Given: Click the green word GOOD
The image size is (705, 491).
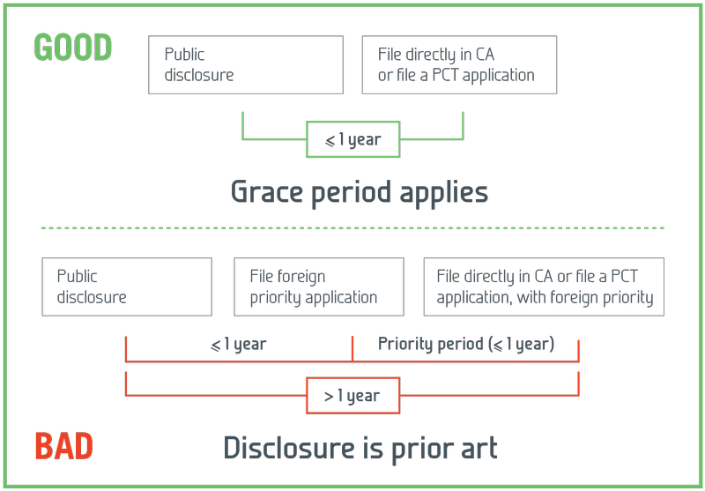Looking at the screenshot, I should [x=73, y=48].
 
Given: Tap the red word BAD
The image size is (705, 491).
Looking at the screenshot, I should [x=64, y=447].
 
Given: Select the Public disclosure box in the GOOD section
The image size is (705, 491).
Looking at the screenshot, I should [x=246, y=64].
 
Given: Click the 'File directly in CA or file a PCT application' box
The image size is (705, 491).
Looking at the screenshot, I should [x=459, y=64].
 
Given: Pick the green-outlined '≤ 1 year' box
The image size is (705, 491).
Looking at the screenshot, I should [x=352, y=139].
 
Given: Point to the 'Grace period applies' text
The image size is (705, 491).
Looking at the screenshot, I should [x=359, y=191].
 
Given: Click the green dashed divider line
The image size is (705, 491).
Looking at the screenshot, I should [x=352, y=228].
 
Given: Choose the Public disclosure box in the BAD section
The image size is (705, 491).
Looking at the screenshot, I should [x=127, y=286].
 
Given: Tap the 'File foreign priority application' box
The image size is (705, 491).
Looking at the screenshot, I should [x=318, y=286].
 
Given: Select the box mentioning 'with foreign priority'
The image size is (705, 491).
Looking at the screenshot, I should [x=544, y=286].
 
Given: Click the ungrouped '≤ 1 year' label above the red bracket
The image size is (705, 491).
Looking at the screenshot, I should [x=238, y=344].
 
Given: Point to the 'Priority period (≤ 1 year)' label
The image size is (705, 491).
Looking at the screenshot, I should [x=466, y=344].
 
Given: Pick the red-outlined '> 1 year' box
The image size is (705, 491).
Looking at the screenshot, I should [x=352, y=396].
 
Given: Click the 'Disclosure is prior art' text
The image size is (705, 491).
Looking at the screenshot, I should [x=360, y=448].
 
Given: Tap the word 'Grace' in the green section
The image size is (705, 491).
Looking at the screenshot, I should [x=265, y=191].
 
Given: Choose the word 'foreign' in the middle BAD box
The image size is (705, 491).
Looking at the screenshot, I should [x=301, y=277].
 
